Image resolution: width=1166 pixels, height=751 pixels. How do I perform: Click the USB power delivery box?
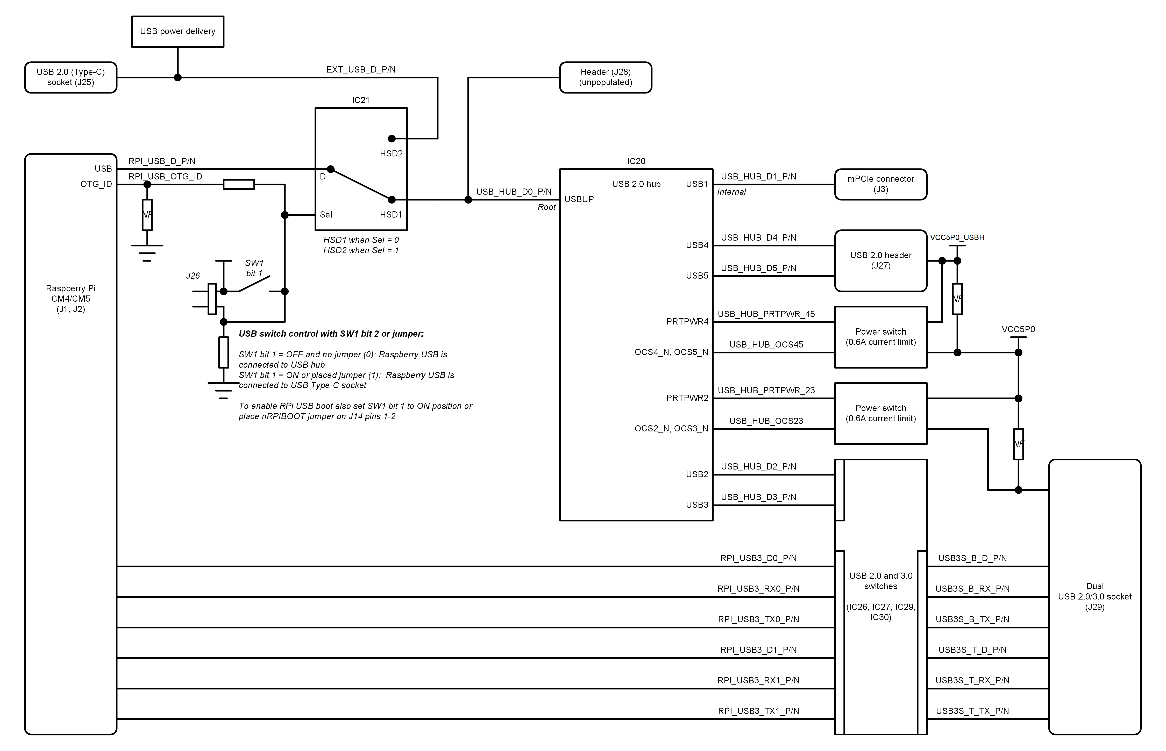(x=177, y=32)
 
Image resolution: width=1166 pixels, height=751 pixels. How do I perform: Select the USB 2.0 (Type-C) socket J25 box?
(x=71, y=77)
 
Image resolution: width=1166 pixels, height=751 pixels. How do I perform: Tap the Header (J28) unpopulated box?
(x=606, y=77)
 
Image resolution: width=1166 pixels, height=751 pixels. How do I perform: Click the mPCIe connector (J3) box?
(x=881, y=184)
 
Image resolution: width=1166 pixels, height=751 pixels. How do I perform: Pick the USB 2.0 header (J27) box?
(x=881, y=261)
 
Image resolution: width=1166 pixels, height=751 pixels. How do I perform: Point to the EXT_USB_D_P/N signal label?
(x=361, y=70)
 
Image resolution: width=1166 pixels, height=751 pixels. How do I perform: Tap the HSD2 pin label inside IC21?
(x=391, y=154)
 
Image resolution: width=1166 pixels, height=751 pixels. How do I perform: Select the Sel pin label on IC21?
(x=326, y=215)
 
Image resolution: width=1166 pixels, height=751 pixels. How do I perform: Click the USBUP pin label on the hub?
(x=579, y=199)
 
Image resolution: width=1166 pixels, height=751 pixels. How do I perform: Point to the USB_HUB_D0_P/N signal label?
(x=514, y=192)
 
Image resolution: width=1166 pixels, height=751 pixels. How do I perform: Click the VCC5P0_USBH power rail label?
(x=957, y=237)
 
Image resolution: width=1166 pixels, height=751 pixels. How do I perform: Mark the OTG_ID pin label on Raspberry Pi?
(x=96, y=184)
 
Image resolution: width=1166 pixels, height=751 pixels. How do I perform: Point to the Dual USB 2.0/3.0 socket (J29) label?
(x=1095, y=596)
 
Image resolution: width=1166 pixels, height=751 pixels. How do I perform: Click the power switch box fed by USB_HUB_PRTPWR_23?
(x=881, y=414)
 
